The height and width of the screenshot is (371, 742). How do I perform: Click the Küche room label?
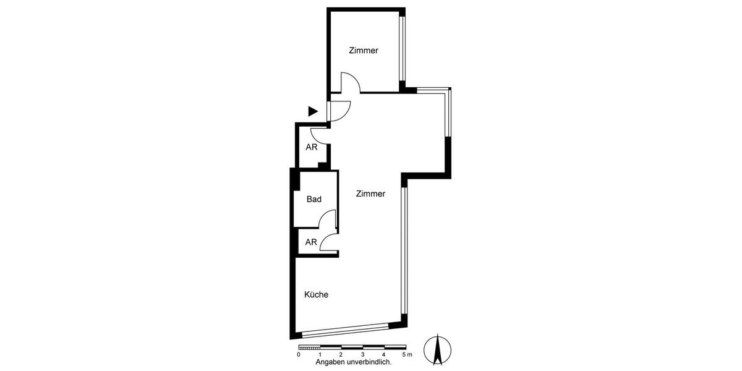pos(316,295)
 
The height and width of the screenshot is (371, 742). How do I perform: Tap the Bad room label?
pos(314,199)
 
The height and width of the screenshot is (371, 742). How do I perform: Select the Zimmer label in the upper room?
pos(363,51)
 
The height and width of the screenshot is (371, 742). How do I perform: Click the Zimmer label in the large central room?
pos(370,194)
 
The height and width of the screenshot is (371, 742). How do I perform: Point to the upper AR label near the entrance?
pos(312,147)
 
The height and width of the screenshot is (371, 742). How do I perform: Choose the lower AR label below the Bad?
pos(311,242)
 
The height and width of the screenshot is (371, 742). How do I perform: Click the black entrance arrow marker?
pos(313,111)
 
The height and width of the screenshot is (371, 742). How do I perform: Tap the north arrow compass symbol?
pos(437,349)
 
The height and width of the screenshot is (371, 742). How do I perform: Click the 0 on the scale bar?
pos(299,354)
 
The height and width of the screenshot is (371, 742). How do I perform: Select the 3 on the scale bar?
pos(362,354)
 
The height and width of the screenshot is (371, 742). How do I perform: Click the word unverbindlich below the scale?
pos(369,362)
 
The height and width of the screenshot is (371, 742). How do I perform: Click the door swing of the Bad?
pos(326,220)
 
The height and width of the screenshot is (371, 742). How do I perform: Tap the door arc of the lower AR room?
pos(328,242)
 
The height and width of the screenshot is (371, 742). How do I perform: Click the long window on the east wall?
pos(403,250)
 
